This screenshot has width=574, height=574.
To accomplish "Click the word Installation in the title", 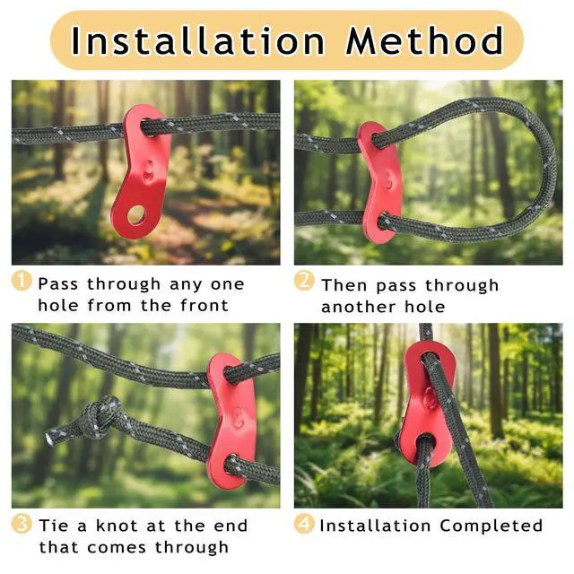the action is coord(197,40).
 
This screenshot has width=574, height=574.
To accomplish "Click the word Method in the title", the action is coord(425,40).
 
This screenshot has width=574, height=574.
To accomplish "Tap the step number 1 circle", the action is coord(22,281).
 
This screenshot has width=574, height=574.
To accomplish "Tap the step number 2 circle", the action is coord(304,281).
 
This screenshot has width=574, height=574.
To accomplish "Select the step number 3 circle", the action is coord(22,524).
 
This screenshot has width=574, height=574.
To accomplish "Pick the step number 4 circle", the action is coord(304,524).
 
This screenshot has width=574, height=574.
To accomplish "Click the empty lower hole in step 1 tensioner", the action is coord(135,215).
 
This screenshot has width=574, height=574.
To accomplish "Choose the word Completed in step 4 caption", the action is coord(491,526).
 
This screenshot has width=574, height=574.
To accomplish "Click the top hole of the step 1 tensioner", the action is coord(150,127).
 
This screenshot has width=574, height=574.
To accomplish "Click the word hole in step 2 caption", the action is coord(425,307).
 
